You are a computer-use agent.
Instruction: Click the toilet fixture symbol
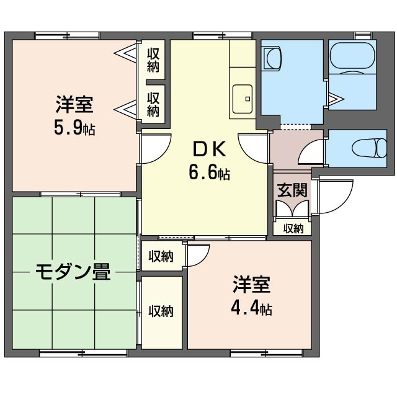(x=369, y=148)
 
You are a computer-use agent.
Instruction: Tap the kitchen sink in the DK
(x=243, y=99)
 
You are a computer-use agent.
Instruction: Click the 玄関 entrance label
(x=292, y=190)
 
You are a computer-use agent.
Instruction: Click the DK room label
(x=209, y=149)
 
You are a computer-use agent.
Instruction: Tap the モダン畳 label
(x=73, y=272)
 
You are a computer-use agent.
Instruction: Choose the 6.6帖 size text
(x=210, y=172)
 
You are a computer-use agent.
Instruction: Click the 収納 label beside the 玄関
(x=293, y=229)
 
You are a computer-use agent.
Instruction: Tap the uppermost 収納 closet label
(x=153, y=60)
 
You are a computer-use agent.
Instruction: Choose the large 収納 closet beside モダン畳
(x=162, y=313)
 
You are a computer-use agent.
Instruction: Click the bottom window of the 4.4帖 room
(x=266, y=353)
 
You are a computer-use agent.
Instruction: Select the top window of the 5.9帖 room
(x=67, y=36)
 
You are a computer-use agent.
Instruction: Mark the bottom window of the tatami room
(x=83, y=353)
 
